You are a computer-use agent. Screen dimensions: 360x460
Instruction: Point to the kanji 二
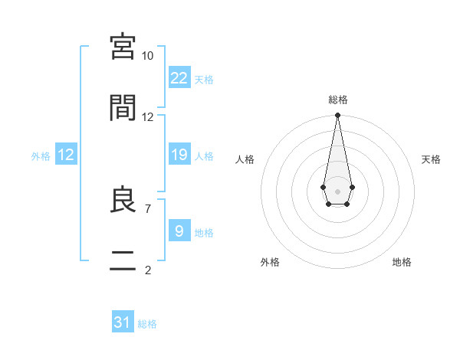[123, 261]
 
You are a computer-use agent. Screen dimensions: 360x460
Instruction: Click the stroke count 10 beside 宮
[147, 56]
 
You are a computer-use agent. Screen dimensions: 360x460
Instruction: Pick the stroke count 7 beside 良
[147, 208]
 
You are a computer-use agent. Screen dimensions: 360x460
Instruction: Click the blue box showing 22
[179, 78]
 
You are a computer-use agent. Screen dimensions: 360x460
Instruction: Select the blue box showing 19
[179, 155]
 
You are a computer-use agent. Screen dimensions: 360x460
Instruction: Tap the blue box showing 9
[179, 231]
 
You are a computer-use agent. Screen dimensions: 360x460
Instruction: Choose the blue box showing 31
[123, 322]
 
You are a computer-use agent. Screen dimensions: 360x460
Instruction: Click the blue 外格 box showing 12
[66, 155]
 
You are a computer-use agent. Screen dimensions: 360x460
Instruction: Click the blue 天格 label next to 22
[204, 80]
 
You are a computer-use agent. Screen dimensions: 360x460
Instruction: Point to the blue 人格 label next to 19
[204, 156]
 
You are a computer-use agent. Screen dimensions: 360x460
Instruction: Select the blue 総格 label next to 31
[147, 324]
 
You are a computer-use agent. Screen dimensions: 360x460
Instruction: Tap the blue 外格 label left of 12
[41, 156]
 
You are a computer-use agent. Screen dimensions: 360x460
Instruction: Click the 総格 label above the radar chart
[338, 100]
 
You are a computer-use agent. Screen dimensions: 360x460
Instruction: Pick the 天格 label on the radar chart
[432, 159]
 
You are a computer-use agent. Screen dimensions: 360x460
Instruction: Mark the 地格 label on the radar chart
[402, 262]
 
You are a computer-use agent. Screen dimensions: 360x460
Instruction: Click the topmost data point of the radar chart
[337, 115]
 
